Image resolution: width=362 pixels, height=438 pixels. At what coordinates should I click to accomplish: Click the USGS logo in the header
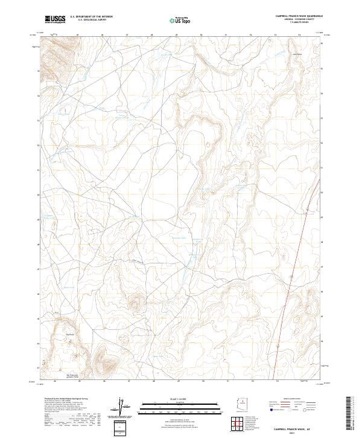(x=55, y=20)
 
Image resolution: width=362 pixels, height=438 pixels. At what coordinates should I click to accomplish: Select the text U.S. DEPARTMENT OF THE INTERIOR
(x=91, y=17)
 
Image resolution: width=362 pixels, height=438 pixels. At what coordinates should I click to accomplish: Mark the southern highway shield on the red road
(x=277, y=346)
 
